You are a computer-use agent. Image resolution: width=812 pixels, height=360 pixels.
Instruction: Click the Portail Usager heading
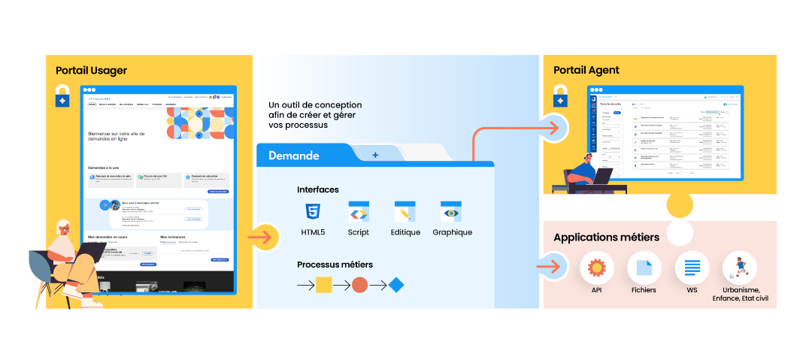click(x=91, y=71)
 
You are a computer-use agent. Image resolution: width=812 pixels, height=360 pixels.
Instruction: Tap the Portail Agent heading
click(x=586, y=70)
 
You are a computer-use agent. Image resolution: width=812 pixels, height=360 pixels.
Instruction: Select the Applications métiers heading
click(x=606, y=237)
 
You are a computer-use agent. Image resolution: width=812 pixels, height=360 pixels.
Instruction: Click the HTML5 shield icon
click(x=313, y=211)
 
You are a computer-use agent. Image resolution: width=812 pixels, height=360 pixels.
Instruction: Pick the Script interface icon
click(x=359, y=211)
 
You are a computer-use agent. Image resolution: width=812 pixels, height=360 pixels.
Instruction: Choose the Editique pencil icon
click(x=405, y=211)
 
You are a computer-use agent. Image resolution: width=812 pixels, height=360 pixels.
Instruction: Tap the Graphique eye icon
click(x=451, y=211)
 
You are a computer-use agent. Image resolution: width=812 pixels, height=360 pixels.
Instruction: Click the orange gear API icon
click(x=597, y=267)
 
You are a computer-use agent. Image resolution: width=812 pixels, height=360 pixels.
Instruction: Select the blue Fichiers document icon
click(x=644, y=267)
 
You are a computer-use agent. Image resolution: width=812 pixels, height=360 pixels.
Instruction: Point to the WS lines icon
click(x=692, y=267)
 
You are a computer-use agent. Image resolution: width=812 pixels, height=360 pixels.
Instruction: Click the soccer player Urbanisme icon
click(x=739, y=267)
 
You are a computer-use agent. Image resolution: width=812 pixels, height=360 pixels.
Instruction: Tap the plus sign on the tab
click(x=375, y=155)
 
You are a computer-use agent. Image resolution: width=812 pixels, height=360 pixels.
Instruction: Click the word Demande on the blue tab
click(x=294, y=156)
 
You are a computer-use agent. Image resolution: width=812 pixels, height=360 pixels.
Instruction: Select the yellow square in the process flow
click(x=323, y=285)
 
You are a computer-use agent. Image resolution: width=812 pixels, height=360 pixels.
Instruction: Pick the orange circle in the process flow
click(x=360, y=285)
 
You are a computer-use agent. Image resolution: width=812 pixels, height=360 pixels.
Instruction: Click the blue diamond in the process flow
click(x=396, y=285)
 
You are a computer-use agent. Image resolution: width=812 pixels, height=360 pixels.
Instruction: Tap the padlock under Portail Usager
click(x=63, y=97)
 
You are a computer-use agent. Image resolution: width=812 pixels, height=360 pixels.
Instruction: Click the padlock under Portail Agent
click(x=560, y=96)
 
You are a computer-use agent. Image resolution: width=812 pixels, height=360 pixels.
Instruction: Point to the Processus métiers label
click(x=335, y=265)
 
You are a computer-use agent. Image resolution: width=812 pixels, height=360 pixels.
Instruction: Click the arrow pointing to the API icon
click(x=552, y=266)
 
